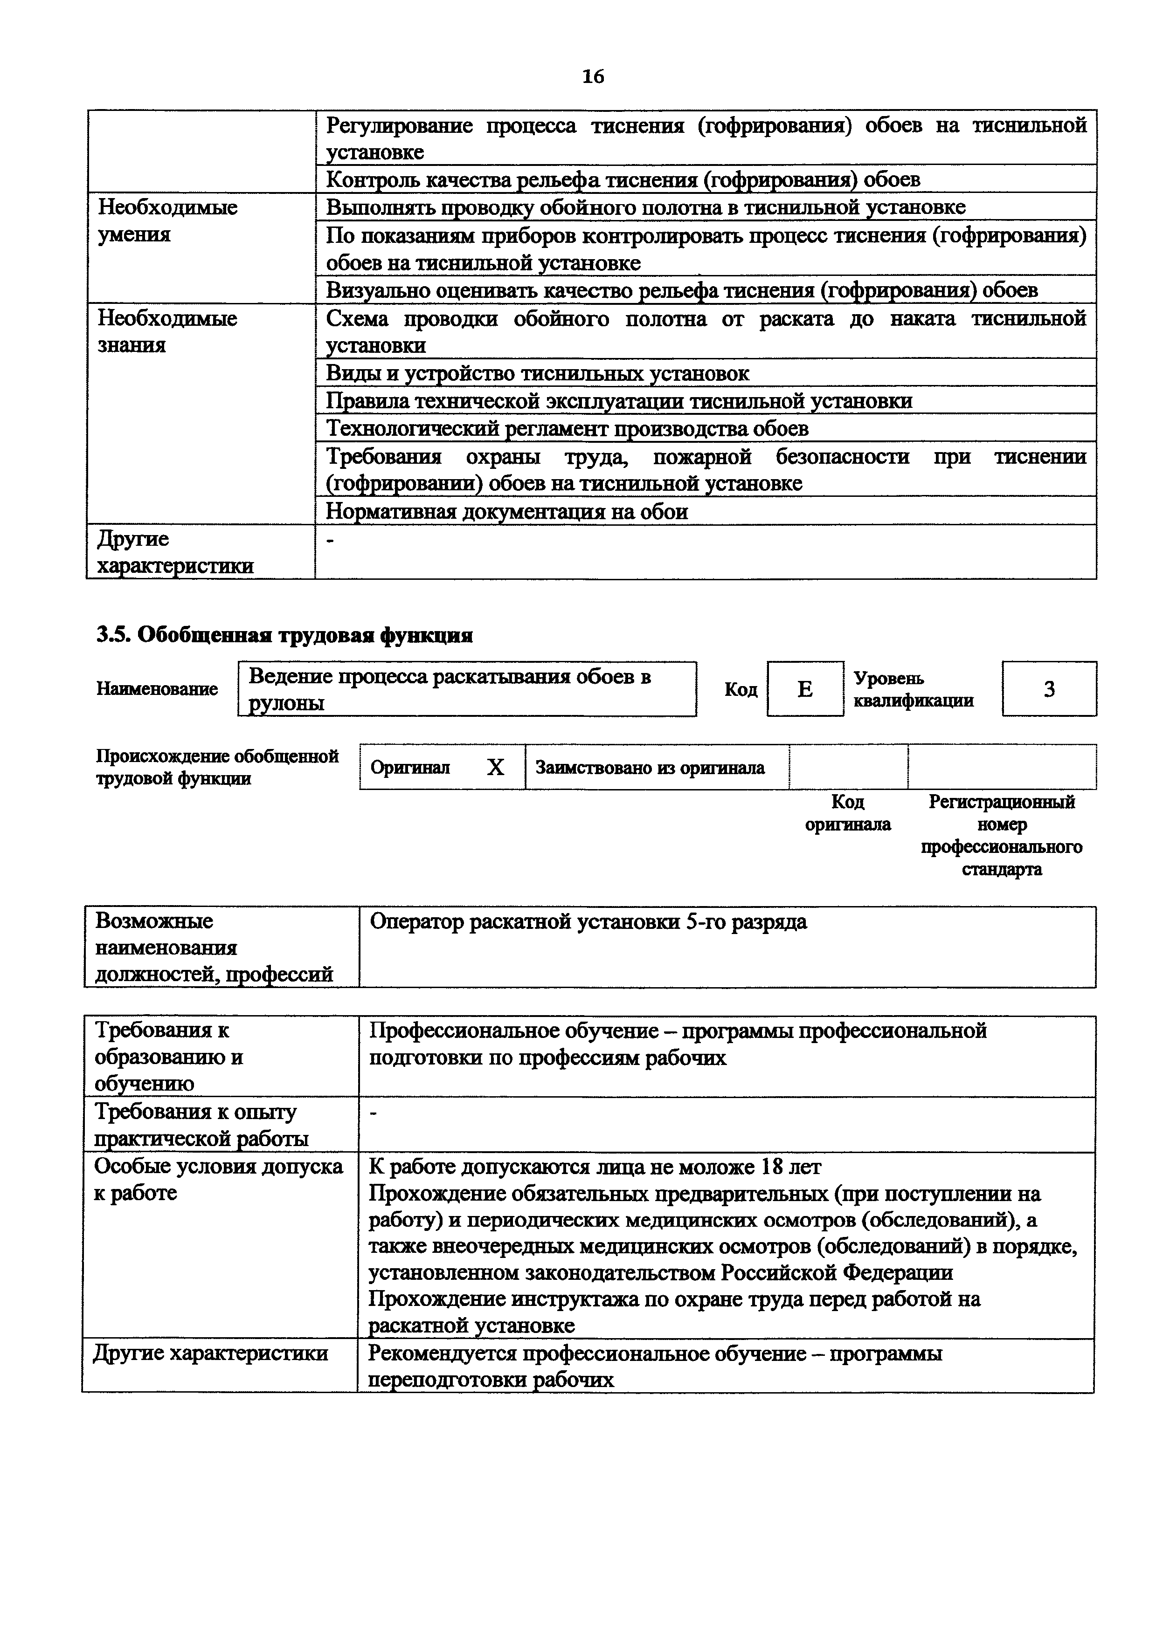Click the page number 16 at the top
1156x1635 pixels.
click(x=593, y=76)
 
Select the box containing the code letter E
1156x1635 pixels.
click(x=805, y=688)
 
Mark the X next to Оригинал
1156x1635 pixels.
click(x=495, y=767)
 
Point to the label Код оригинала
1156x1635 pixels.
click(x=848, y=813)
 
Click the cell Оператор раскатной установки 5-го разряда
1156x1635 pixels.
click(x=588, y=922)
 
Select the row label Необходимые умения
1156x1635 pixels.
click(x=167, y=221)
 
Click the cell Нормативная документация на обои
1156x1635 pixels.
click(x=507, y=511)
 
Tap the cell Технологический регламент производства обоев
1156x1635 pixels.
click(x=567, y=429)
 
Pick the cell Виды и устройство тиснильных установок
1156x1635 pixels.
click(x=538, y=373)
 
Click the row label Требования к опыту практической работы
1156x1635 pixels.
click(x=201, y=1125)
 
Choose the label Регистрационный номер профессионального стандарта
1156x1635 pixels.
click(x=1002, y=835)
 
